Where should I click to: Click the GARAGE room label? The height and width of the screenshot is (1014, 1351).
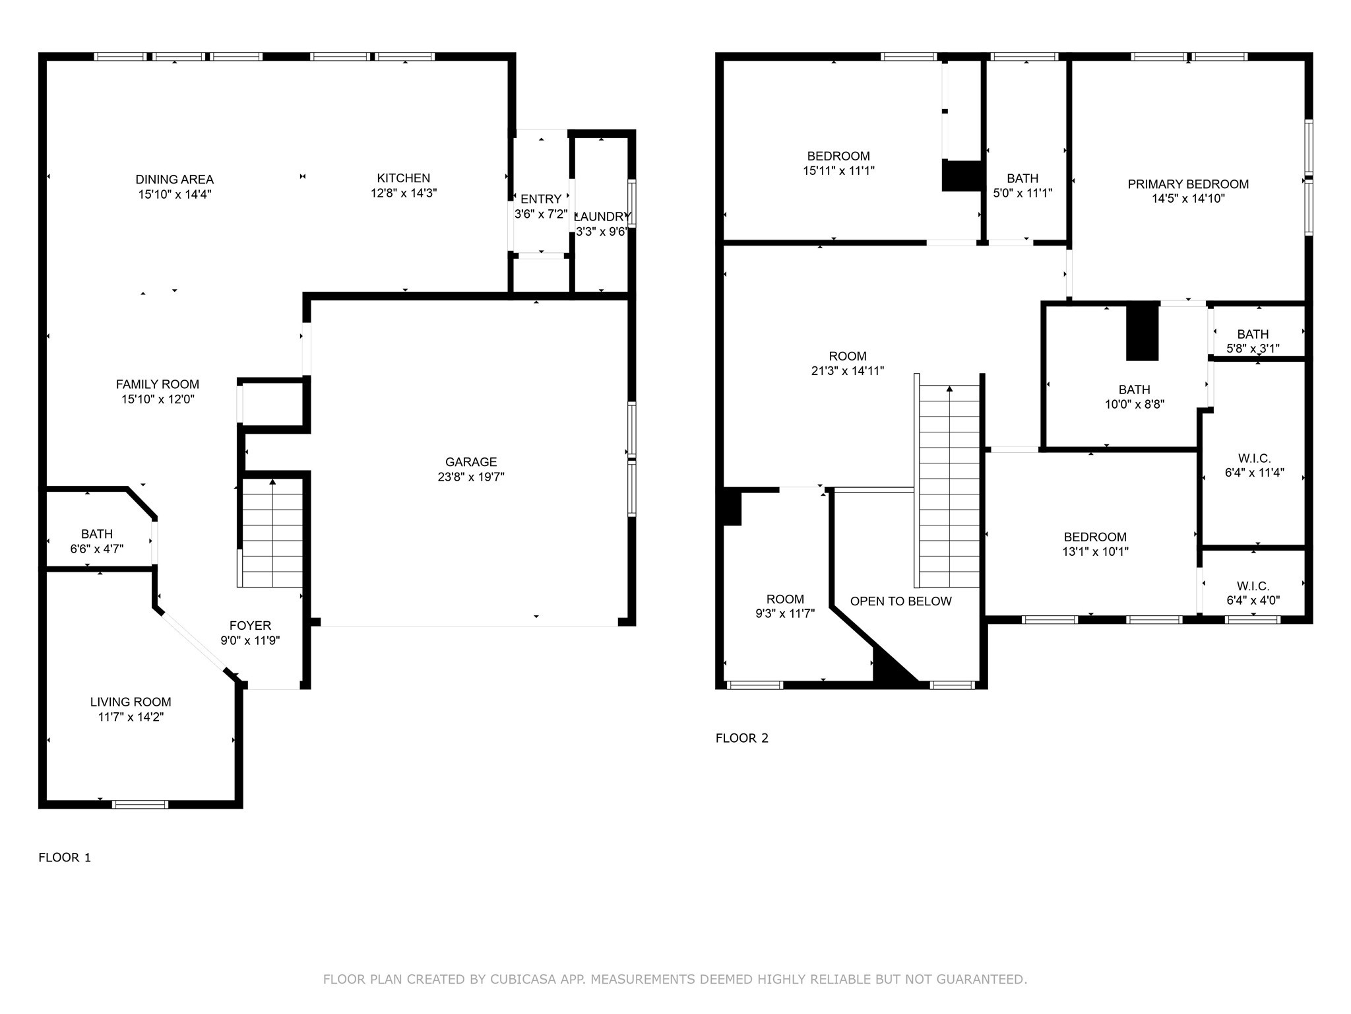click(470, 462)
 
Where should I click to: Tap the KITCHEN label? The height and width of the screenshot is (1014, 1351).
click(403, 178)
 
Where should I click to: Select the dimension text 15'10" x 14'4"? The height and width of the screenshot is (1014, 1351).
click(174, 194)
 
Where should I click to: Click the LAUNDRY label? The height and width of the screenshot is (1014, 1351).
click(602, 217)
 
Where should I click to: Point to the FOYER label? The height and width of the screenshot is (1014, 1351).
click(250, 625)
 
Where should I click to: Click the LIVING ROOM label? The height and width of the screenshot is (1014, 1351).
click(131, 702)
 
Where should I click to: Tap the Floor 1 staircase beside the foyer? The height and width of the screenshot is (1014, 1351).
click(272, 535)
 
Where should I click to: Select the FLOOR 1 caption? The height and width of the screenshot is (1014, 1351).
click(65, 858)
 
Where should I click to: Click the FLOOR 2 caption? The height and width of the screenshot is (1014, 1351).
click(742, 738)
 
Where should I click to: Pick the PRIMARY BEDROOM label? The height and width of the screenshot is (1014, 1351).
click(1188, 184)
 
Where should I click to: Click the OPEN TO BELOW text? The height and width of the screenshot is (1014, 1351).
click(900, 601)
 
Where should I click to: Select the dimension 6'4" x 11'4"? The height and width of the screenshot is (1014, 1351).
click(1254, 473)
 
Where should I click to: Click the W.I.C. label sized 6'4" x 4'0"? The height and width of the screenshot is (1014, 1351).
click(1253, 586)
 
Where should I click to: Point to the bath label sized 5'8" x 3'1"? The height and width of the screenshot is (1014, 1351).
click(1253, 334)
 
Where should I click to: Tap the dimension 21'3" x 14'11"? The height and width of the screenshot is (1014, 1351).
click(848, 371)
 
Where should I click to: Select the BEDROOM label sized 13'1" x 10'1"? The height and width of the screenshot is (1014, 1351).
click(1095, 537)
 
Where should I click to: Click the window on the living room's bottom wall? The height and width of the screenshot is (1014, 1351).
click(140, 804)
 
